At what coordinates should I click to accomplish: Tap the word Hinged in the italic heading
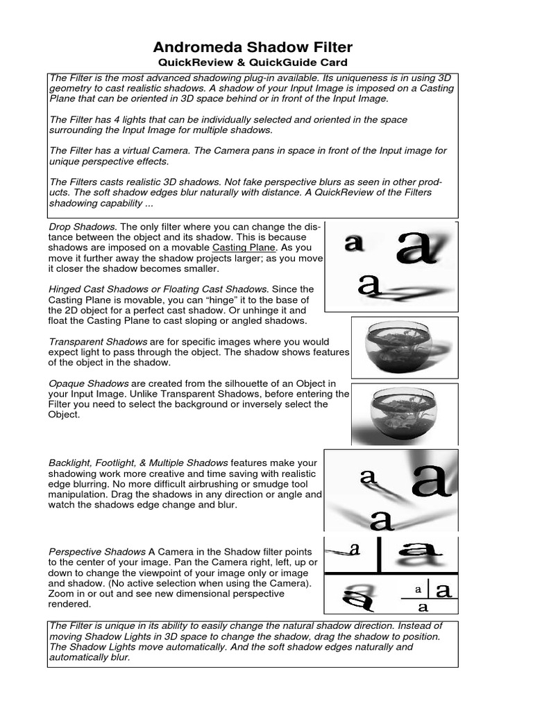pyautogui.click(x=66, y=288)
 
